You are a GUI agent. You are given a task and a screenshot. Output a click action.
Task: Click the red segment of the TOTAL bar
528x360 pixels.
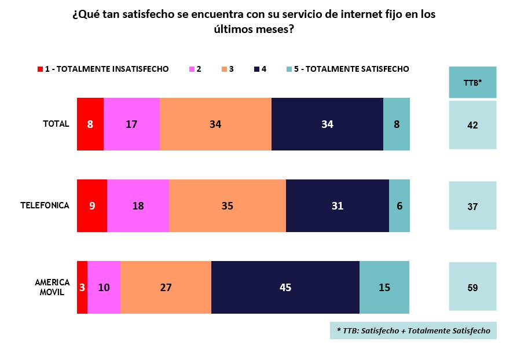[90, 124]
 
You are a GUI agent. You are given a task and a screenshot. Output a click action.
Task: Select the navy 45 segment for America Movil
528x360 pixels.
[285, 287]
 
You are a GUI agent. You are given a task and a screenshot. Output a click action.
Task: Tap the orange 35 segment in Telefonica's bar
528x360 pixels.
[228, 205]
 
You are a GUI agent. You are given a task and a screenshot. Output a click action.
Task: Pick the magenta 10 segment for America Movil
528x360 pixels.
[104, 287]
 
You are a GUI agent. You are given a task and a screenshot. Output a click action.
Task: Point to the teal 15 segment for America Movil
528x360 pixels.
[384, 287]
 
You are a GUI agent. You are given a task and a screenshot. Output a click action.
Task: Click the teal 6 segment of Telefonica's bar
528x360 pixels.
[399, 205]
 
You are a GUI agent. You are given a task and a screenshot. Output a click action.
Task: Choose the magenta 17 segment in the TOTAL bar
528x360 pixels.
[132, 124]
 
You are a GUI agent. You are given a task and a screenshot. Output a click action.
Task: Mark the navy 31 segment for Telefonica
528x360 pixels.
[338, 205]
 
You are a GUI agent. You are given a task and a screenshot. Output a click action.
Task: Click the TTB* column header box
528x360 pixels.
[472, 82]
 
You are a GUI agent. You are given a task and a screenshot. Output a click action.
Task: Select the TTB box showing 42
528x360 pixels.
[472, 124]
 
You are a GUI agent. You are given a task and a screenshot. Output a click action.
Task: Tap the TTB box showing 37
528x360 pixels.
[472, 205]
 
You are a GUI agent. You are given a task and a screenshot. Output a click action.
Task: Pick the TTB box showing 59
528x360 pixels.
[472, 287]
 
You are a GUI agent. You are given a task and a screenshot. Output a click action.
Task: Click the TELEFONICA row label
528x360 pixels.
[45, 205]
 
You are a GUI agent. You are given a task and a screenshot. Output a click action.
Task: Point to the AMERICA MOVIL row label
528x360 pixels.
[52, 287]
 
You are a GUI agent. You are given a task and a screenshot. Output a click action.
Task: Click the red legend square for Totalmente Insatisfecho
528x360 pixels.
[40, 69]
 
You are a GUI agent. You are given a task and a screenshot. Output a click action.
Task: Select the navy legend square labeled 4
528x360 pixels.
[256, 69]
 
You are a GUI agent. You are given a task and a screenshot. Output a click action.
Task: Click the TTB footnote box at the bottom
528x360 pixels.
[413, 330]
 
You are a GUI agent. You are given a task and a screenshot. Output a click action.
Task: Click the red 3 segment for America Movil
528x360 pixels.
[82, 287]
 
